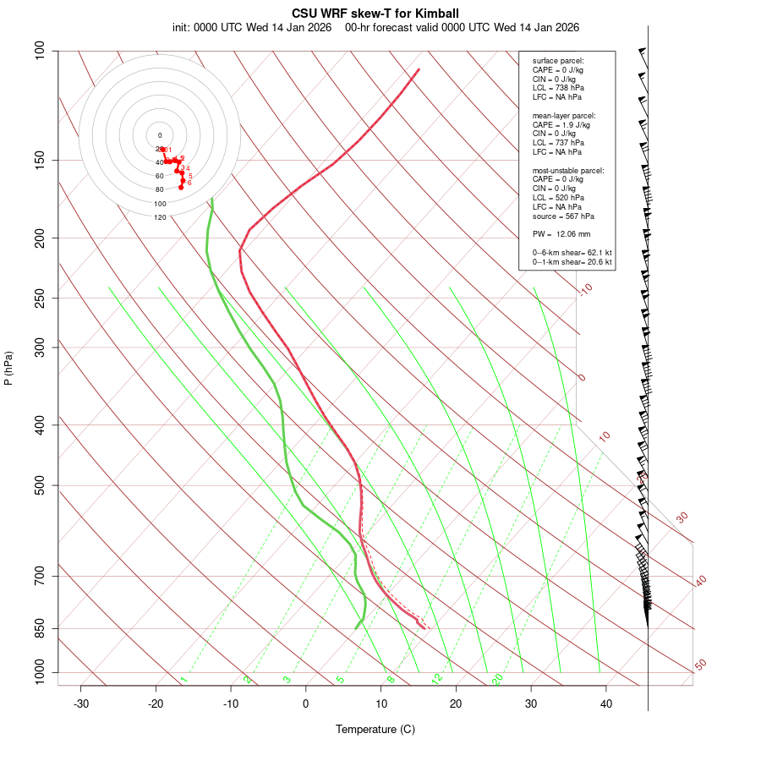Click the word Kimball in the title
click(x=438, y=14)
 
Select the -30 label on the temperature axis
click(x=81, y=704)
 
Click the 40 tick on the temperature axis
click(x=606, y=704)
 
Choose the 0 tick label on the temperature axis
click(x=306, y=704)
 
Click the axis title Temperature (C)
click(x=375, y=729)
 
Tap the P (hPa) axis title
click(x=8, y=369)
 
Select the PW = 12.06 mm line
click(x=561, y=234)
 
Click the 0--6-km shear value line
click(x=572, y=253)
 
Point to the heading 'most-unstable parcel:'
click(x=568, y=171)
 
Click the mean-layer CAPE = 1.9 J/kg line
click(x=561, y=124)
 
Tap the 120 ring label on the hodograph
click(x=160, y=217)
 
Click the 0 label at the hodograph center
click(x=160, y=135)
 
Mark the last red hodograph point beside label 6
click(x=181, y=188)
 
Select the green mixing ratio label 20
click(x=498, y=678)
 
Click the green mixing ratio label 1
click(x=183, y=679)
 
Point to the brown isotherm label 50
click(x=700, y=665)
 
